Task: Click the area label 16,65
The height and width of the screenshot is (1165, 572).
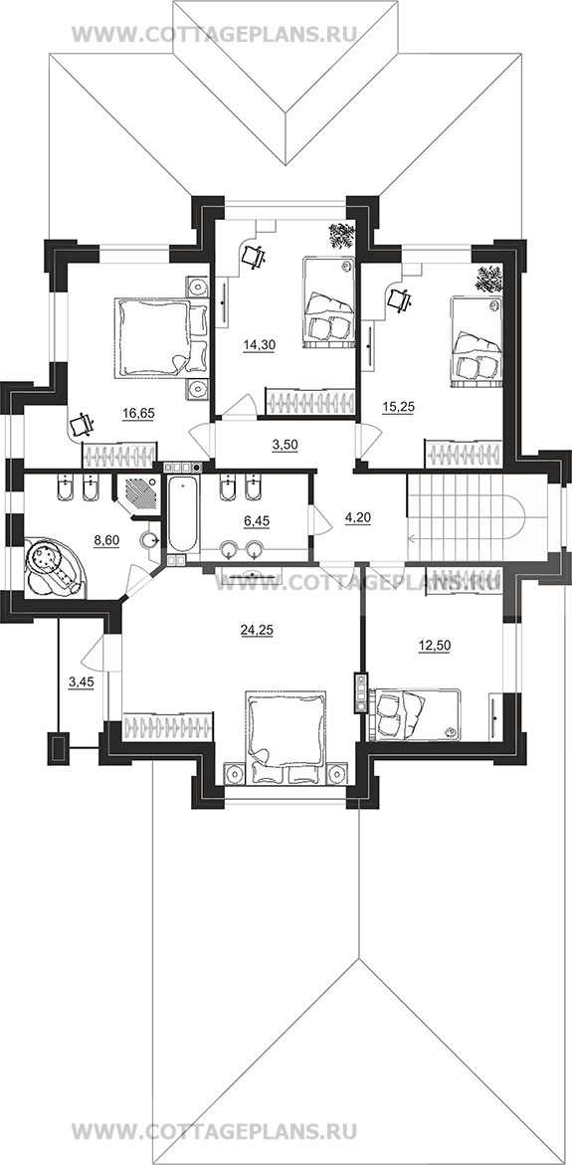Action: click(139, 414)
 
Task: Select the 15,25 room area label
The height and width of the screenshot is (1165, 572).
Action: click(398, 407)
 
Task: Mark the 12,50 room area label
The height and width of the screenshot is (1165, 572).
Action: click(429, 645)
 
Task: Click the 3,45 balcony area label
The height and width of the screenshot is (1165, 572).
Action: click(81, 681)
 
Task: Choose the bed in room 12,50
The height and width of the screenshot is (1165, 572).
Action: click(415, 714)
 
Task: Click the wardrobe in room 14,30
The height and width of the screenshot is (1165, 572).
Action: click(309, 401)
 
